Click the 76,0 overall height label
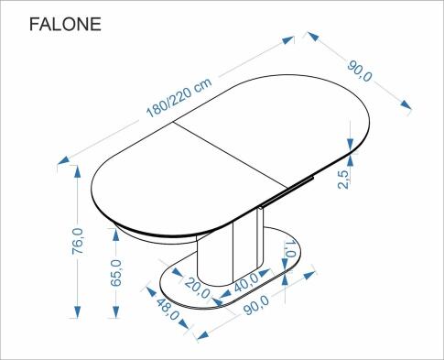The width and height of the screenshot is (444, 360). [78, 243]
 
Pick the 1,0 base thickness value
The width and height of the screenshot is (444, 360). [289, 248]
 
